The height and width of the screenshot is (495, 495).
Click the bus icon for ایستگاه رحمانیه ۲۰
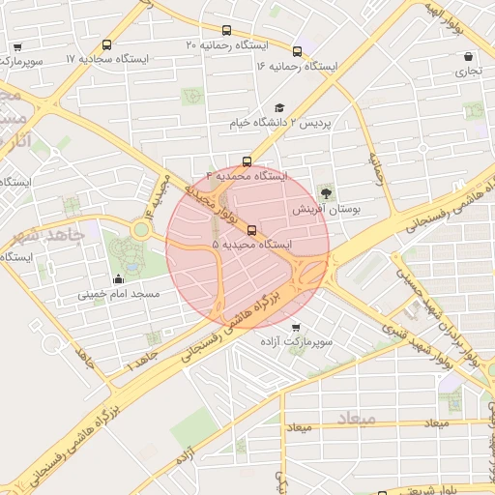226,30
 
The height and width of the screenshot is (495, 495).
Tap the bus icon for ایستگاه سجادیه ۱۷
106,44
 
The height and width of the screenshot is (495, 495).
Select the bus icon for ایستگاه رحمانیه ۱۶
297,51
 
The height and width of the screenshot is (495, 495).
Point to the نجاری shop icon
469,56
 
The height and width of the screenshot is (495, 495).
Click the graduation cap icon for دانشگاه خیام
279,108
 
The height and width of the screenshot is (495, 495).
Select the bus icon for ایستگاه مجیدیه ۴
247,161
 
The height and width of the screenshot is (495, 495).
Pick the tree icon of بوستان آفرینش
325,192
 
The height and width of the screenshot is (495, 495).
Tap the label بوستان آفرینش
326,208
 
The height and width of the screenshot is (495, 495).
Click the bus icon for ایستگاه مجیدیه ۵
252,230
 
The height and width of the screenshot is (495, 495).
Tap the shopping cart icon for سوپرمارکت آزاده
296,327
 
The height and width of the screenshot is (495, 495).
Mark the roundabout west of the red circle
142,230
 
